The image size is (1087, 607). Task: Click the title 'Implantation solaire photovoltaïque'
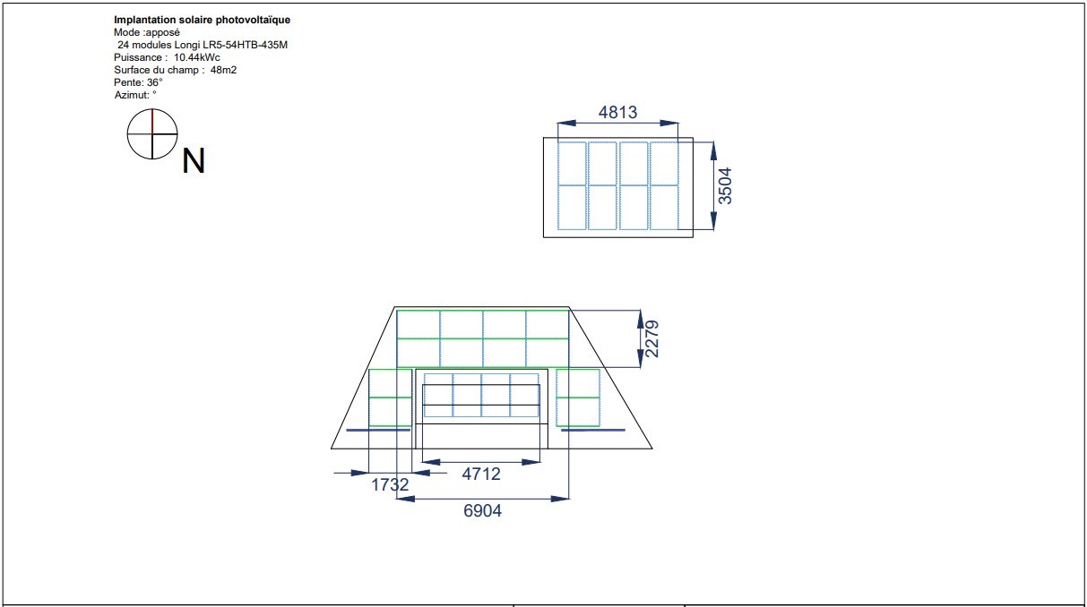[x=202, y=20]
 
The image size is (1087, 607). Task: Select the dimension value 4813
[x=617, y=112]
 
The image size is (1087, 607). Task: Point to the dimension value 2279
[x=652, y=338]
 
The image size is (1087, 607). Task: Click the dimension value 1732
[x=390, y=484]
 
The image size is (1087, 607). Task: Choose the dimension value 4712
[x=481, y=474]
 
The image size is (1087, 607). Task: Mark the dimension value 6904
[x=482, y=510]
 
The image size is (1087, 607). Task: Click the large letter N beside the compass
[x=194, y=161]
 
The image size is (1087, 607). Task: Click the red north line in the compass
[x=152, y=121]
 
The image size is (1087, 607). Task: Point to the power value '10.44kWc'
[x=191, y=57]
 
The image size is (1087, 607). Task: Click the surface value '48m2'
[x=223, y=70]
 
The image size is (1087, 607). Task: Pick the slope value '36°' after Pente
[x=154, y=82]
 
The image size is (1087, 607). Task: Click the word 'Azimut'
[x=131, y=94]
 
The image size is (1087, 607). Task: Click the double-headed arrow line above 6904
[x=482, y=498]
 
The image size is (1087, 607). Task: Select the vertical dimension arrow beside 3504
[x=713, y=185]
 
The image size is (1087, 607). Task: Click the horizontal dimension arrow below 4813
[x=617, y=124]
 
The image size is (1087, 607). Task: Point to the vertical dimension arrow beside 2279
[x=640, y=338]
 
